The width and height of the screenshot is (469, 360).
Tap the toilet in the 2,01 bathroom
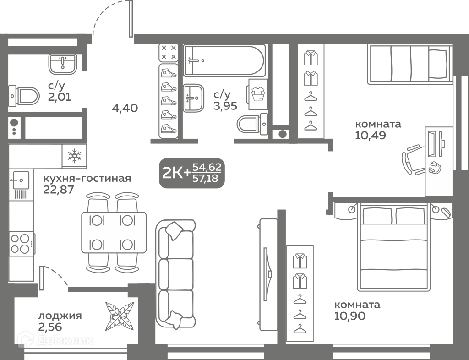click(x=24, y=96)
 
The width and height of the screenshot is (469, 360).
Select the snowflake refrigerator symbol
click(x=74, y=156)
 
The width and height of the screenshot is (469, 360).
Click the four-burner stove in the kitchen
click(x=22, y=244)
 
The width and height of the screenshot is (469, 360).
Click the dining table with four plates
click(x=114, y=232)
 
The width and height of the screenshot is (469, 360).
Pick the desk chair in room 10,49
click(x=413, y=159)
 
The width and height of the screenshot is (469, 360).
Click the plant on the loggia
click(x=119, y=316)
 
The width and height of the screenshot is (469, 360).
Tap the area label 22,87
click(x=59, y=190)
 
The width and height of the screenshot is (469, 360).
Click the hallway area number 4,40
click(x=125, y=108)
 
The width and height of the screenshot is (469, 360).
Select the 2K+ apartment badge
click(x=192, y=173)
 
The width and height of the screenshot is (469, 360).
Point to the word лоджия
click(x=60, y=316)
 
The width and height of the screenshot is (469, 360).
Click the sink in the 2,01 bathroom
click(x=62, y=64)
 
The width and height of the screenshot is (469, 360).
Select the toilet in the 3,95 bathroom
click(x=252, y=124)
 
